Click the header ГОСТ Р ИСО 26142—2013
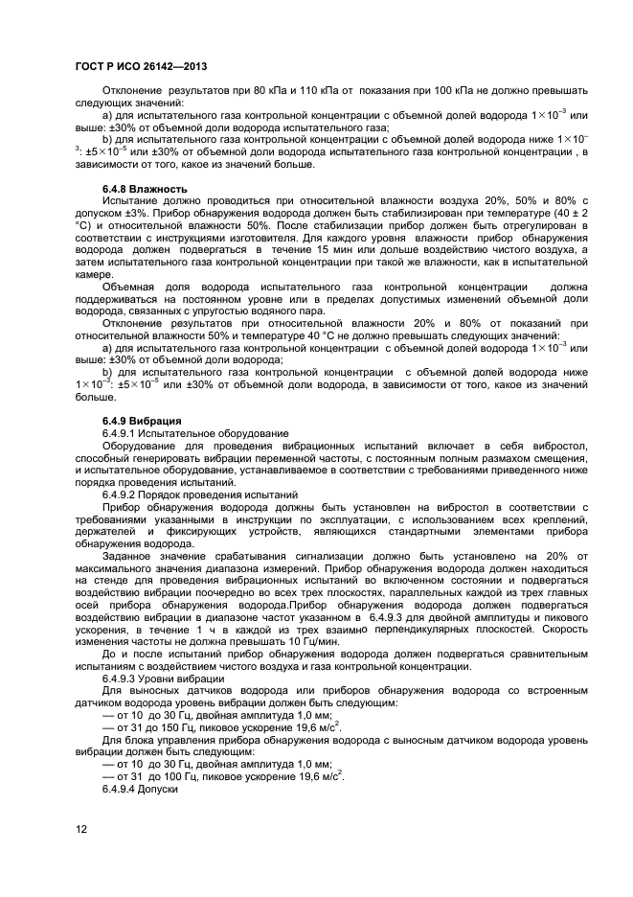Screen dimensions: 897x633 click(141, 65)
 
